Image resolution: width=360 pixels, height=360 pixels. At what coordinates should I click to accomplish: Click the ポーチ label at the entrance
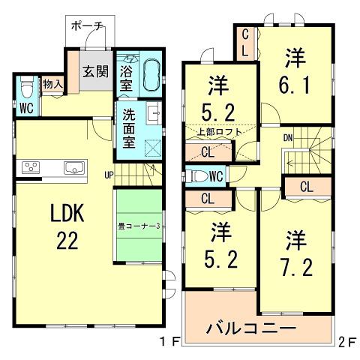coord(88,25)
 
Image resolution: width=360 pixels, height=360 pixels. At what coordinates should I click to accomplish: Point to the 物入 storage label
coord(52,84)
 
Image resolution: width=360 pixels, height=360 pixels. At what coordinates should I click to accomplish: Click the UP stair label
coord(109,175)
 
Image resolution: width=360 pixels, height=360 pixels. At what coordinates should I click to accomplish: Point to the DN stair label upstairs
coord(287,139)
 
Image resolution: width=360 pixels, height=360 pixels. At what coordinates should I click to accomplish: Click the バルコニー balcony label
coord(250,328)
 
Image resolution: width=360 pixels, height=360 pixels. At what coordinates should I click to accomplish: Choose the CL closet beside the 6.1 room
coord(246,43)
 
